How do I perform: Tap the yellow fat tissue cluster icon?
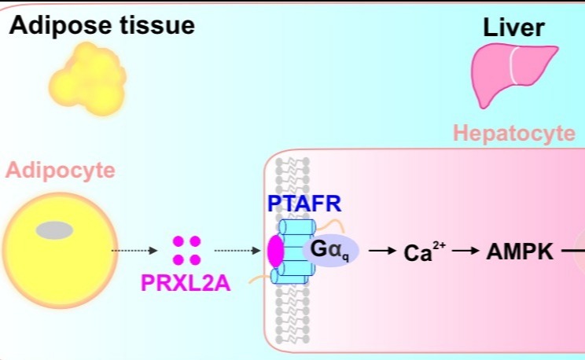(x=87, y=79)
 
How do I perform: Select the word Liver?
(x=513, y=30)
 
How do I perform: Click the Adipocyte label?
(x=61, y=170)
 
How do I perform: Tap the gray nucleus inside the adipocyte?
(x=54, y=230)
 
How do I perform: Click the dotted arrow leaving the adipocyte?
(x=134, y=252)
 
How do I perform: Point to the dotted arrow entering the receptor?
(x=237, y=252)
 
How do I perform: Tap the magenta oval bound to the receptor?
(x=275, y=252)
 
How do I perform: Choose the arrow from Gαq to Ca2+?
(x=382, y=252)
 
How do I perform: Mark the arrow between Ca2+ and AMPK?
(x=465, y=252)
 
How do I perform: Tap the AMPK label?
(x=521, y=252)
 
